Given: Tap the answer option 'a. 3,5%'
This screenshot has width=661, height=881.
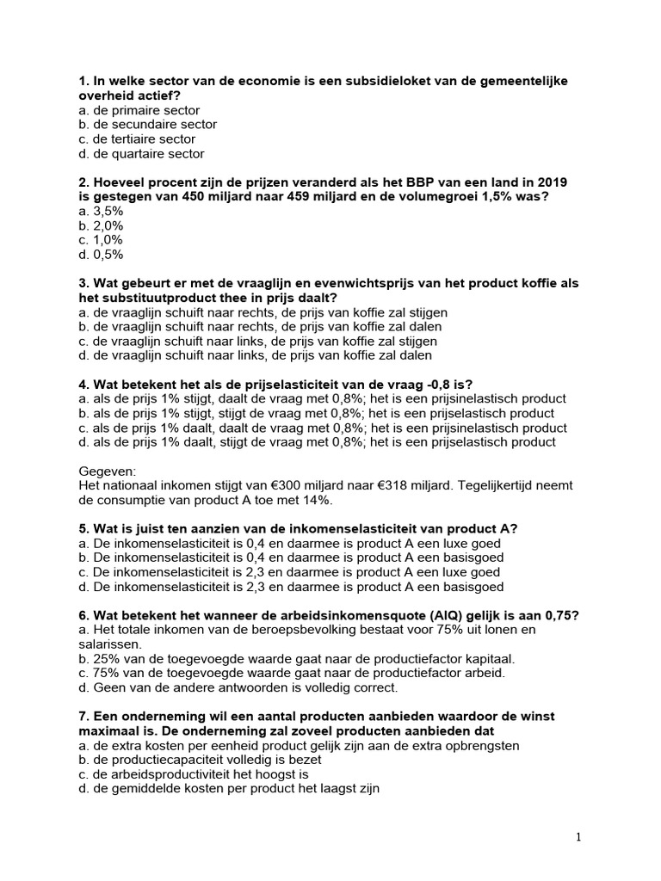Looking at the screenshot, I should (101, 211).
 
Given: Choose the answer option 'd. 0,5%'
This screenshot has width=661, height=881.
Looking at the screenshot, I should (101, 255).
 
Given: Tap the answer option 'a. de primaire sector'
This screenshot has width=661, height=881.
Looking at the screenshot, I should (139, 110).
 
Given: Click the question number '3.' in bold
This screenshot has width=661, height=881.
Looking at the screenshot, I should (83, 283).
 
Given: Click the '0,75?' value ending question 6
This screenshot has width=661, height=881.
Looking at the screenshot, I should (561, 615).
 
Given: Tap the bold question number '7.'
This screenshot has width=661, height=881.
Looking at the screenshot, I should (83, 717).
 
